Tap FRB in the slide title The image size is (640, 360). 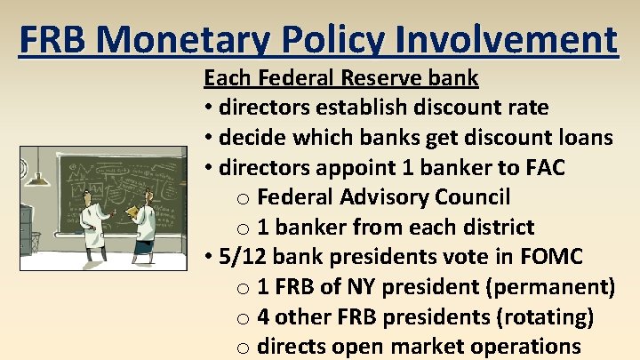tap(56, 39)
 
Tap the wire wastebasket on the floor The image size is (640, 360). tap(34, 241)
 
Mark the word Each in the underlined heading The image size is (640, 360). tap(224, 77)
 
